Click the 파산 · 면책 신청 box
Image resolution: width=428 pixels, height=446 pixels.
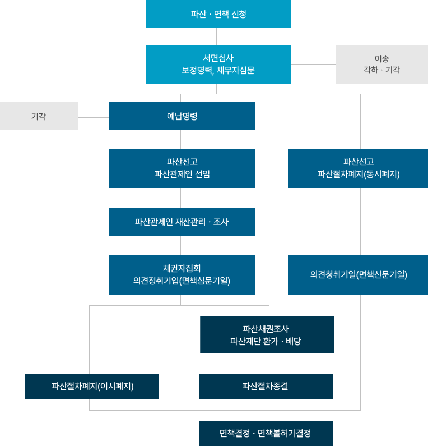[218, 14]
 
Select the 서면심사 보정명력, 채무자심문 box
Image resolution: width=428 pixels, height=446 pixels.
[218, 65]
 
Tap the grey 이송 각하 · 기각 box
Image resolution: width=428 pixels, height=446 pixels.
[382, 65]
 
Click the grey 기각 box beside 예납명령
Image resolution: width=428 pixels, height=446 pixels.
[39, 116]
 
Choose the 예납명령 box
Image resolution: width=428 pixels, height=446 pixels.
[182, 116]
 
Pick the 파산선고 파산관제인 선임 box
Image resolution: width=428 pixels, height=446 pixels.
[182, 168]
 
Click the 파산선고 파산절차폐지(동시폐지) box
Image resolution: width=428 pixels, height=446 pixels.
[358, 168]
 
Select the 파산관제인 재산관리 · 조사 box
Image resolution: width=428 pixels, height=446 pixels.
[182, 222]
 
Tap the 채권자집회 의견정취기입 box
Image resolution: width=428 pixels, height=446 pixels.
[182, 275]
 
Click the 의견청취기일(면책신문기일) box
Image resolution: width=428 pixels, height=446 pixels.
[358, 275]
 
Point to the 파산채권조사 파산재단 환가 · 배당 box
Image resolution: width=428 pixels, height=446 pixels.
[267, 334]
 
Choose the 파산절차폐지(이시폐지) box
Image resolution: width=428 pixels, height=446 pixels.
[92, 386]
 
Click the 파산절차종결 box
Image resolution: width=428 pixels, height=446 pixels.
[266, 386]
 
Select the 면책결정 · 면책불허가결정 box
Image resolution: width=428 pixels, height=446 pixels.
[266, 433]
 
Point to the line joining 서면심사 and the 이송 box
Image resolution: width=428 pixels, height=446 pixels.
[314, 65]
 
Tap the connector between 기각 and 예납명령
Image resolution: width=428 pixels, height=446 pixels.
[94, 117]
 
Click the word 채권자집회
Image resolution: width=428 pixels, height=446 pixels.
[182, 268]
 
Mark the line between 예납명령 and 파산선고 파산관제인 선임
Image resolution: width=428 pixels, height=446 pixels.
[180, 139]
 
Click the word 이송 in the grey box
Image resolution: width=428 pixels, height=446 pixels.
[382, 58]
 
